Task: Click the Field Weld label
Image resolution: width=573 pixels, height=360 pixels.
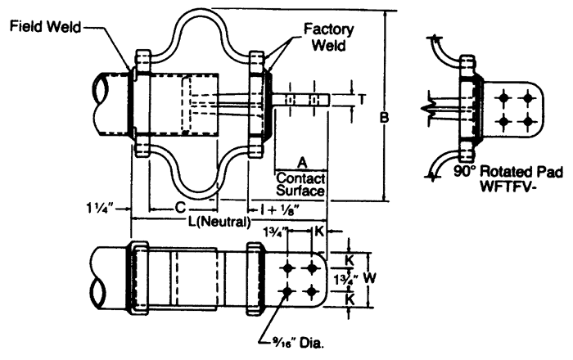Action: [45, 27]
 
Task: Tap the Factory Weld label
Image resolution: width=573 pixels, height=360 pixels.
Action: [328, 38]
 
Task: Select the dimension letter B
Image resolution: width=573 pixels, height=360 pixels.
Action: [384, 117]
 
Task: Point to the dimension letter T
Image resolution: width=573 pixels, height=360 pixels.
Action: [362, 99]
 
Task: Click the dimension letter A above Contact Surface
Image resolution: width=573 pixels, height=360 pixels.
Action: [302, 163]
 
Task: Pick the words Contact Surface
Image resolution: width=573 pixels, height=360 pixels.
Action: [300, 184]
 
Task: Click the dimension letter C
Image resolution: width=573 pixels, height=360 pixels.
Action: [180, 208]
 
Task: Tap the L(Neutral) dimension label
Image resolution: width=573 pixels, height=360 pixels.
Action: [219, 221]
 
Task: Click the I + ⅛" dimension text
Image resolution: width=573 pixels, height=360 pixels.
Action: [280, 209]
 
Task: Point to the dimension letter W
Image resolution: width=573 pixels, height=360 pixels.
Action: [369, 278]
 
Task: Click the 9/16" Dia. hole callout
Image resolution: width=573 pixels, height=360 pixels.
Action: [297, 343]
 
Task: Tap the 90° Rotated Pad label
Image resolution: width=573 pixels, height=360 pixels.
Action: [508, 172]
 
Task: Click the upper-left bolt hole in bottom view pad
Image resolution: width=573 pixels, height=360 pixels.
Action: [287, 268]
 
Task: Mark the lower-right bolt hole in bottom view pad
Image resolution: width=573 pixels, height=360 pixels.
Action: [311, 292]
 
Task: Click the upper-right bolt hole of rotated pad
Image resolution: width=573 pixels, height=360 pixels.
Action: [527, 97]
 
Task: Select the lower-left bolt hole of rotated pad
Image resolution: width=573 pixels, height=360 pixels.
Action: [503, 121]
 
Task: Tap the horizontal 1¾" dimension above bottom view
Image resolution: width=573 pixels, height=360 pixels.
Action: [275, 231]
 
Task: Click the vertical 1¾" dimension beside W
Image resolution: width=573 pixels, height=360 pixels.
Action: [345, 280]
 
